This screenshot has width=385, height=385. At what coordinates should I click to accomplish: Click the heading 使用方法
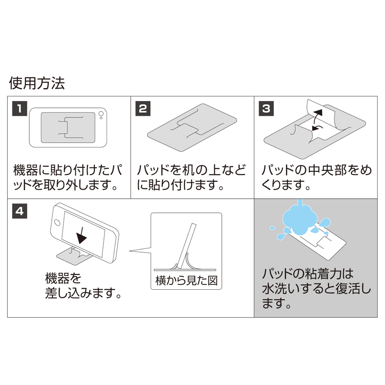click(x=37, y=83)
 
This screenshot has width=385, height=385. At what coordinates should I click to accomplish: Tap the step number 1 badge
click(x=19, y=108)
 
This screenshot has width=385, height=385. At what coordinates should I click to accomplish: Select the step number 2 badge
click(x=142, y=108)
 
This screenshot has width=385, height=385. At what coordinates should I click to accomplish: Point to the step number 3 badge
click(x=266, y=108)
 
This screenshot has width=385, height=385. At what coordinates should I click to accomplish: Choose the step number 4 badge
click(x=19, y=211)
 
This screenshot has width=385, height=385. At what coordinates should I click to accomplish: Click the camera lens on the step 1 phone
click(x=101, y=115)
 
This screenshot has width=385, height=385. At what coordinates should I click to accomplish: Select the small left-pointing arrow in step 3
click(x=318, y=128)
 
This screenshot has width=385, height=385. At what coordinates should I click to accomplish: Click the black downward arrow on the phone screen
click(x=82, y=233)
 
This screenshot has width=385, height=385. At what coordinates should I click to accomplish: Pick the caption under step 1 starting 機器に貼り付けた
click(x=68, y=177)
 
